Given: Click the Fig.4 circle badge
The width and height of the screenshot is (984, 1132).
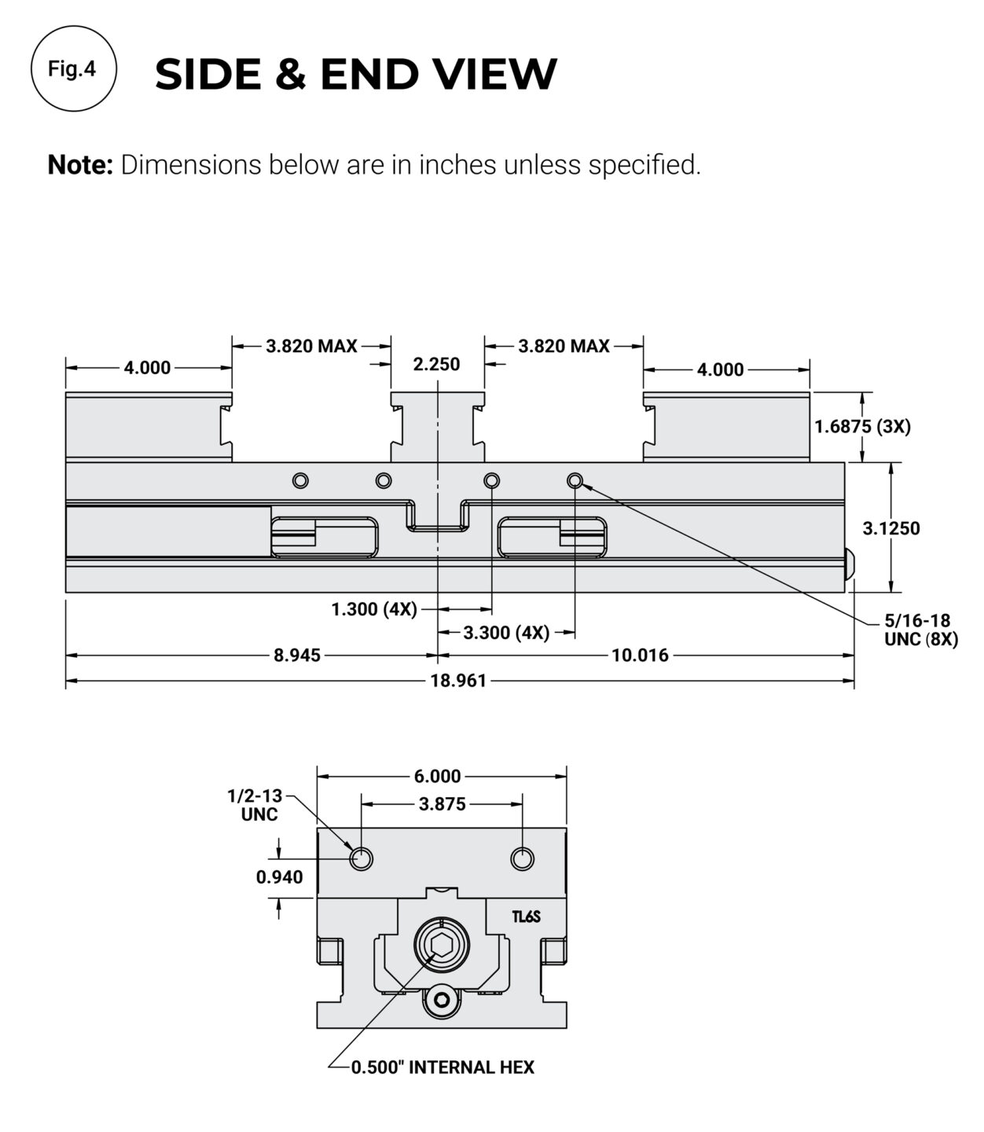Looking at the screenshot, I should click(73, 69).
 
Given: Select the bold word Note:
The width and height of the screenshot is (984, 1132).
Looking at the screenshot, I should click(81, 165).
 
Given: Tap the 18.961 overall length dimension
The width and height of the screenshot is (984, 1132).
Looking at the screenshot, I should click(458, 680).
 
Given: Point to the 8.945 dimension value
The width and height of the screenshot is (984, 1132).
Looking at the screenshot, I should click(297, 655).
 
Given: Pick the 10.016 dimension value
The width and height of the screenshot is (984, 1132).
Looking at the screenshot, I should click(640, 655).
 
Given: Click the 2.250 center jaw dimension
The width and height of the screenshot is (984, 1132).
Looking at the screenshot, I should click(436, 364).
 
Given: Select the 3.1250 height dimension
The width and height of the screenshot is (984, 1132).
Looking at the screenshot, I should click(890, 528).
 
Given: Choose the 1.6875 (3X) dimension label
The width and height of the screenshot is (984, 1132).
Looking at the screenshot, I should click(862, 426).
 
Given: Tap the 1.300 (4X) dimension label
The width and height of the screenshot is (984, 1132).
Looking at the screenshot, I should click(374, 609).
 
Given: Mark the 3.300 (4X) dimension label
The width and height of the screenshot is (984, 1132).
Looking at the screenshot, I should click(506, 633).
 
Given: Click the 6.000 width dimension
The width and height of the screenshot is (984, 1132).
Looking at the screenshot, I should click(437, 777).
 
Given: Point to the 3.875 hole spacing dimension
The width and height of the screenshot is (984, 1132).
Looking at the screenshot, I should click(442, 804).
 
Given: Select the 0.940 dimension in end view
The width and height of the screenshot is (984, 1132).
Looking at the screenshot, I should click(279, 877).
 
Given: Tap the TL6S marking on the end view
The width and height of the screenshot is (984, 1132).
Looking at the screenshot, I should click(526, 917).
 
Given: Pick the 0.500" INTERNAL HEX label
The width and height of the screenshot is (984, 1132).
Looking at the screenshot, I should click(442, 1067).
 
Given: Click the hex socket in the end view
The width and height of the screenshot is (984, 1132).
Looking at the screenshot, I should click(441, 943).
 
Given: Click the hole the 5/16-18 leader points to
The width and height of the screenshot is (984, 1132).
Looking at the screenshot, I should click(575, 480).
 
